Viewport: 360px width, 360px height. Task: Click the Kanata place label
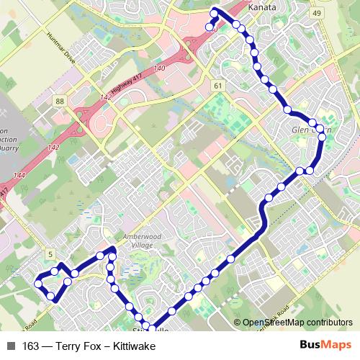[x=262, y=7]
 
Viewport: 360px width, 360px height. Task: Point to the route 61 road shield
[x=217, y=84]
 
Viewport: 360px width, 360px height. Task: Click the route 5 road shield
[x=50, y=253]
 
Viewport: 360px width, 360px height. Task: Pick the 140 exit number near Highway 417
[x=159, y=68]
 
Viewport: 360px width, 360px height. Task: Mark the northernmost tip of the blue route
[x=214, y=10]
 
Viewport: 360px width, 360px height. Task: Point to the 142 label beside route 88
[x=105, y=96]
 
